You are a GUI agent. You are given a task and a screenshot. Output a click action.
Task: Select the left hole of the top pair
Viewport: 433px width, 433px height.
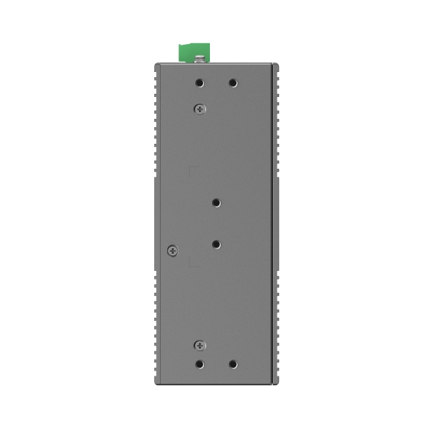[200, 83]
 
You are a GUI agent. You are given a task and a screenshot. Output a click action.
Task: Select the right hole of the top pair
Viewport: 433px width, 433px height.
[233, 83]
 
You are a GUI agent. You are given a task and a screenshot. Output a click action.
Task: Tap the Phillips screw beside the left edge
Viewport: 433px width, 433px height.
[172, 250]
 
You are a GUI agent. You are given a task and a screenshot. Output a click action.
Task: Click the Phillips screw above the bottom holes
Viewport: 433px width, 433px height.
[200, 345]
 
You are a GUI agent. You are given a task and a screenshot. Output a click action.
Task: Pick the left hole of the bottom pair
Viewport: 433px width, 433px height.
[200, 363]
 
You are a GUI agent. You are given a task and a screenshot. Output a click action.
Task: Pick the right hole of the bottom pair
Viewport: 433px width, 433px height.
[233, 363]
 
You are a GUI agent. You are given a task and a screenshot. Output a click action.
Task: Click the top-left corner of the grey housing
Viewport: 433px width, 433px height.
[156, 65]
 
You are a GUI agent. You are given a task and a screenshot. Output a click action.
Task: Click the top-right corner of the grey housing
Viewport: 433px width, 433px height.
[279, 65]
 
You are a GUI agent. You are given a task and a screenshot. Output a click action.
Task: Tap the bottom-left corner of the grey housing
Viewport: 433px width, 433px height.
[156, 383]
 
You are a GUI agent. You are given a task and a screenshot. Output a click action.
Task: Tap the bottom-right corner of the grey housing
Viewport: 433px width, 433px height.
[279, 383]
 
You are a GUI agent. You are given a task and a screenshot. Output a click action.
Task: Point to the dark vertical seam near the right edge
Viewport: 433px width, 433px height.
[273, 220]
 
